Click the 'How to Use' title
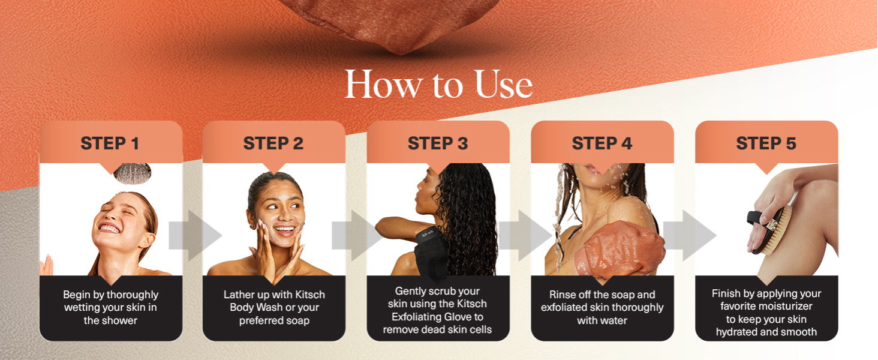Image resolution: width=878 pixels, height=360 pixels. [x=438, y=85]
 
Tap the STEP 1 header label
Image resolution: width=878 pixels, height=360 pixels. [x=110, y=143]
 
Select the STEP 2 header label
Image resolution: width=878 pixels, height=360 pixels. [x=273, y=143]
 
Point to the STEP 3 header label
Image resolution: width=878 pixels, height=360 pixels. [x=438, y=143]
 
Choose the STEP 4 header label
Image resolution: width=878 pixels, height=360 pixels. [x=602, y=143]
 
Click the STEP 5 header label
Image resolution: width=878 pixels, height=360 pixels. [x=766, y=143]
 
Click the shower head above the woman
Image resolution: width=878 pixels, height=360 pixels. [x=133, y=173]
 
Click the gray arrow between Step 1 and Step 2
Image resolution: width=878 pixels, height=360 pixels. [x=195, y=235]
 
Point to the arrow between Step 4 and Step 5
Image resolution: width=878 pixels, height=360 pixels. [x=690, y=235]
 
